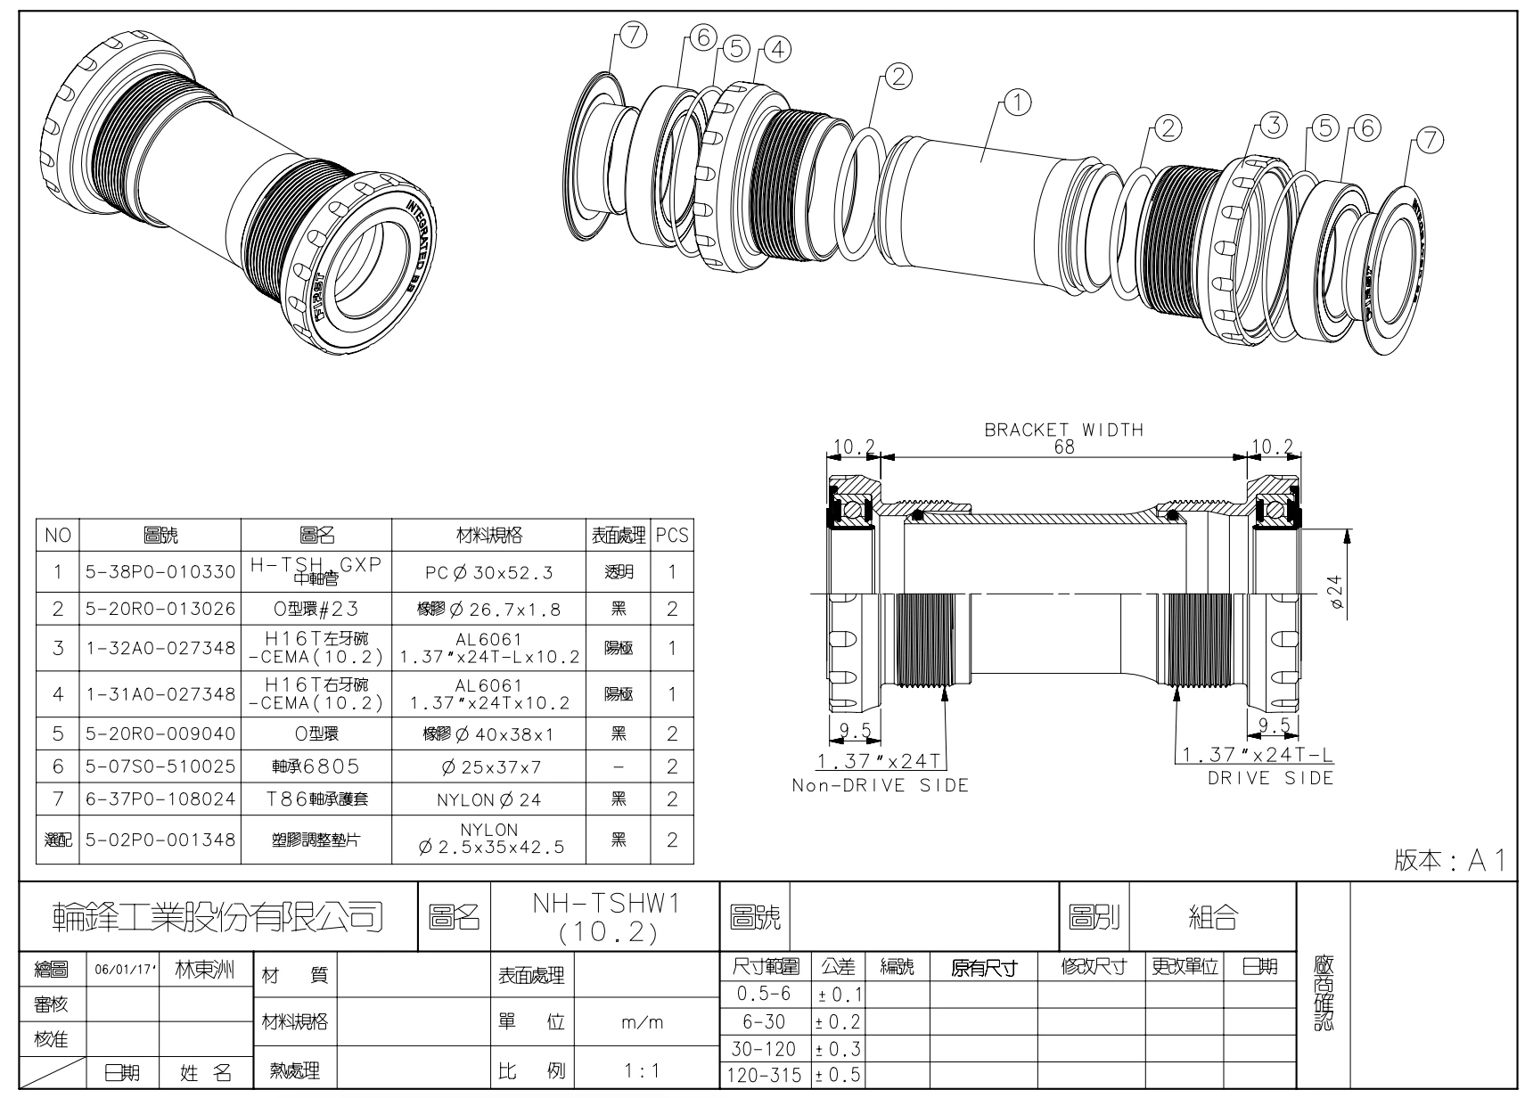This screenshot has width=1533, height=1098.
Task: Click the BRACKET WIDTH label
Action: [1063, 430]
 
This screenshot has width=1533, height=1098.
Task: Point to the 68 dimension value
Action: [1063, 447]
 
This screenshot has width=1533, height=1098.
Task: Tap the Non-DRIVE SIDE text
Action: [880, 786]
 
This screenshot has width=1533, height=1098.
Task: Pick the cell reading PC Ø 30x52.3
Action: [488, 572]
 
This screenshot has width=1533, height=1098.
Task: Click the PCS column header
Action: [672, 536]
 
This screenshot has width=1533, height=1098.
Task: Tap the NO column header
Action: [58, 536]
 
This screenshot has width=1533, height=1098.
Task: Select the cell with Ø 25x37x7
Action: [488, 766]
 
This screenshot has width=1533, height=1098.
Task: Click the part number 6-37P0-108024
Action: [160, 799]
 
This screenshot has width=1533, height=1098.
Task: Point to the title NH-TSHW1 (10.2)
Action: [605, 917]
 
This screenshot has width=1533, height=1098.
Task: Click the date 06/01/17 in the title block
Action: [123, 971]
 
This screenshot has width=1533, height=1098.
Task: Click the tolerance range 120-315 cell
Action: [765, 1076]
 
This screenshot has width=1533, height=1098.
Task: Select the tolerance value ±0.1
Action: [838, 994]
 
